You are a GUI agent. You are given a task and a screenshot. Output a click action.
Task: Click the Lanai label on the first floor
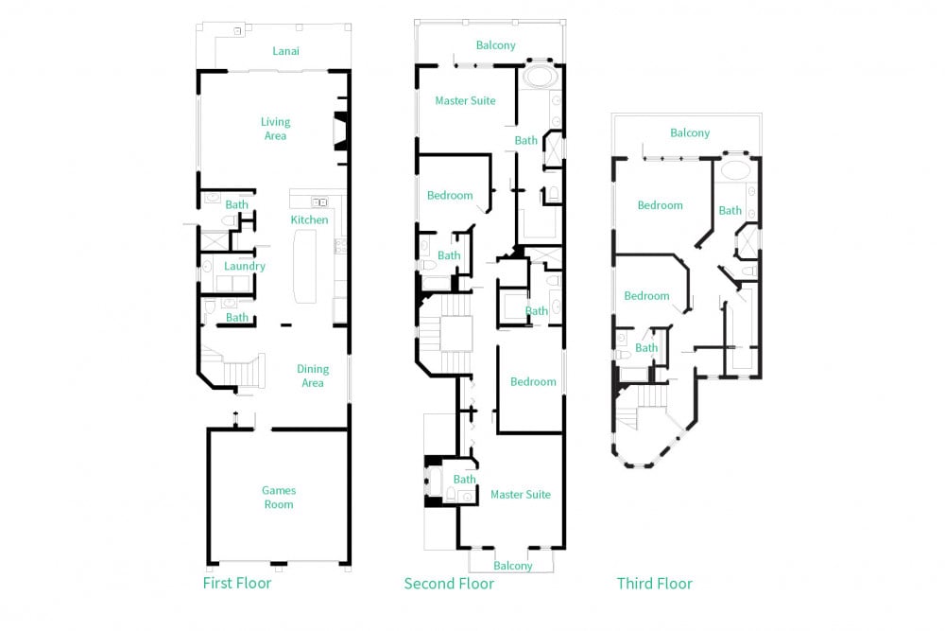tap(285, 51)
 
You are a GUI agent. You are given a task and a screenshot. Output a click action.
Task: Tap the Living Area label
tap(275, 129)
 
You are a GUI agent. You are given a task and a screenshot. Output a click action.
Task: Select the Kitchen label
tap(309, 219)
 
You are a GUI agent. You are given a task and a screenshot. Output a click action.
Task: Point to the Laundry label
tap(244, 266)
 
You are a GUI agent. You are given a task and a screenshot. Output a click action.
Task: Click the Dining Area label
tap(313, 376)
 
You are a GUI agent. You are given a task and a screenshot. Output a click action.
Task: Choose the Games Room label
tap(279, 497)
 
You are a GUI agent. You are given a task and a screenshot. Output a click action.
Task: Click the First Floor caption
tap(237, 583)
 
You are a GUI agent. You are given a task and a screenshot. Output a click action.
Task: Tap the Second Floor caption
tap(449, 584)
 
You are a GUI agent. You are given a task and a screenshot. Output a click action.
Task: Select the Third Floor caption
tap(655, 584)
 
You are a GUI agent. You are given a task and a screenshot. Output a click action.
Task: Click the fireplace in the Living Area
tap(342, 131)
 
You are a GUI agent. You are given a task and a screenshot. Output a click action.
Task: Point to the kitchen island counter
tap(304, 267)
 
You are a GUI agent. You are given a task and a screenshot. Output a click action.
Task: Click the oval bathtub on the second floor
tap(539, 77)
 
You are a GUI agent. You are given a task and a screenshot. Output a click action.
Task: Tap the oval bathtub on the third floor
tap(735, 169)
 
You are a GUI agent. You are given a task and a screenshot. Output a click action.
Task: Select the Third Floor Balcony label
tap(690, 132)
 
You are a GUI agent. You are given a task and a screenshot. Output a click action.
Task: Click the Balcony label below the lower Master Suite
tap(513, 566)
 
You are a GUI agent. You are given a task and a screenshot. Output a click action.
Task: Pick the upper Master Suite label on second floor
tap(465, 100)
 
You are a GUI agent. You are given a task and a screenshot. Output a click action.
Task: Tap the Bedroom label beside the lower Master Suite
tap(533, 382)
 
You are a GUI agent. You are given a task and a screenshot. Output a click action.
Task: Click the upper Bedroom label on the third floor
tap(660, 205)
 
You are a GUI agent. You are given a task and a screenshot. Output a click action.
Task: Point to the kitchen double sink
tap(319, 202)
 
